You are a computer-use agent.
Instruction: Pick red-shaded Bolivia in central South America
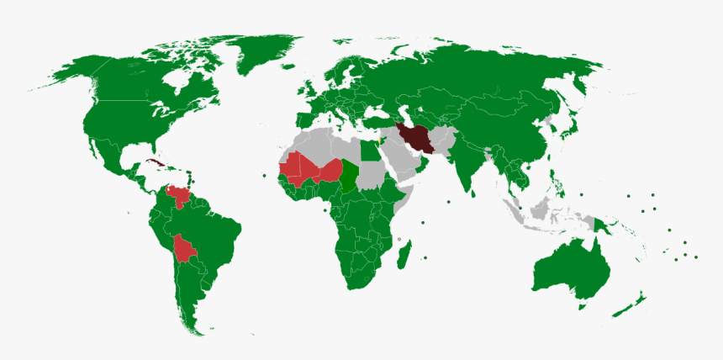[184, 250]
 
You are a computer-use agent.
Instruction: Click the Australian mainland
[572, 269]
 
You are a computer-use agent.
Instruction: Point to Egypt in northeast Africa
[370, 151]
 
